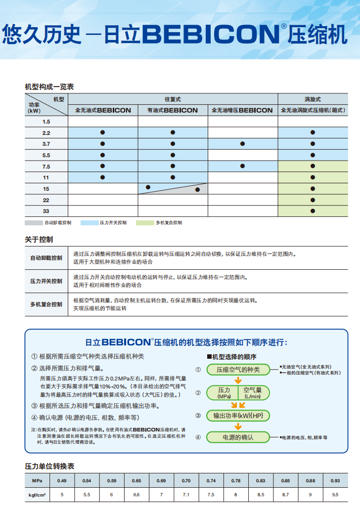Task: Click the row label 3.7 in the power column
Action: point(46,144)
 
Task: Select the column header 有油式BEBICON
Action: point(173,110)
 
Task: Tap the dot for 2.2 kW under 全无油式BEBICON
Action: point(102,132)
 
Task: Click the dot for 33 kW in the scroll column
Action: point(313,211)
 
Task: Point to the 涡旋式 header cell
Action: point(313,99)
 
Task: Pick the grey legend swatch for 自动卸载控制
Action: point(34,223)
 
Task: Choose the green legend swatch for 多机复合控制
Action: point(145,223)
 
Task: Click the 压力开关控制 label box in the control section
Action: point(46,281)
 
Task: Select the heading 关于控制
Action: point(39,240)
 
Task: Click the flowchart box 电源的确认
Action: point(238,437)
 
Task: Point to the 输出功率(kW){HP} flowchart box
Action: point(238,416)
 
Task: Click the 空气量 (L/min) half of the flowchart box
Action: point(253,393)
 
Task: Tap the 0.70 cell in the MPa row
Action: point(186,481)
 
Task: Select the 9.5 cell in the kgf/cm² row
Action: point(335,494)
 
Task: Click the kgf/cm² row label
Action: point(37,494)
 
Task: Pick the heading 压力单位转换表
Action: point(49,466)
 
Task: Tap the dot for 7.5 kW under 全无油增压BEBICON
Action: point(242,166)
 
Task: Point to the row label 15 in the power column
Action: point(46,189)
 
